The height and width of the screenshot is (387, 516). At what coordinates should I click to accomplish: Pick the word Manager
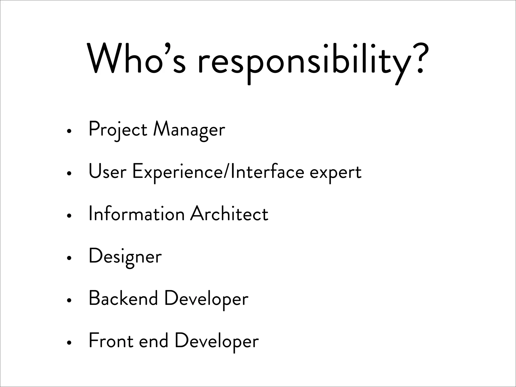189,130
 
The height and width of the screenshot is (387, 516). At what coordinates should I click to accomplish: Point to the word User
107,172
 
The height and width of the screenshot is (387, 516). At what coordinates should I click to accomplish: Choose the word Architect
229,214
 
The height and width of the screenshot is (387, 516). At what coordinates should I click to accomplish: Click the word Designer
125,256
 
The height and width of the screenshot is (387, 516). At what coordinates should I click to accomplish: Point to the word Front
111,341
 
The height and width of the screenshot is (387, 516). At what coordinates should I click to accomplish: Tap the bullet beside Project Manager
68,131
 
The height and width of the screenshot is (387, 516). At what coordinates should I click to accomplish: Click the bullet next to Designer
68,258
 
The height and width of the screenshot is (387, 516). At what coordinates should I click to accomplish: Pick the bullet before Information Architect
68,216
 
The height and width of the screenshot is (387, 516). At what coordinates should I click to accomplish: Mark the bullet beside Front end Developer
68,343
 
